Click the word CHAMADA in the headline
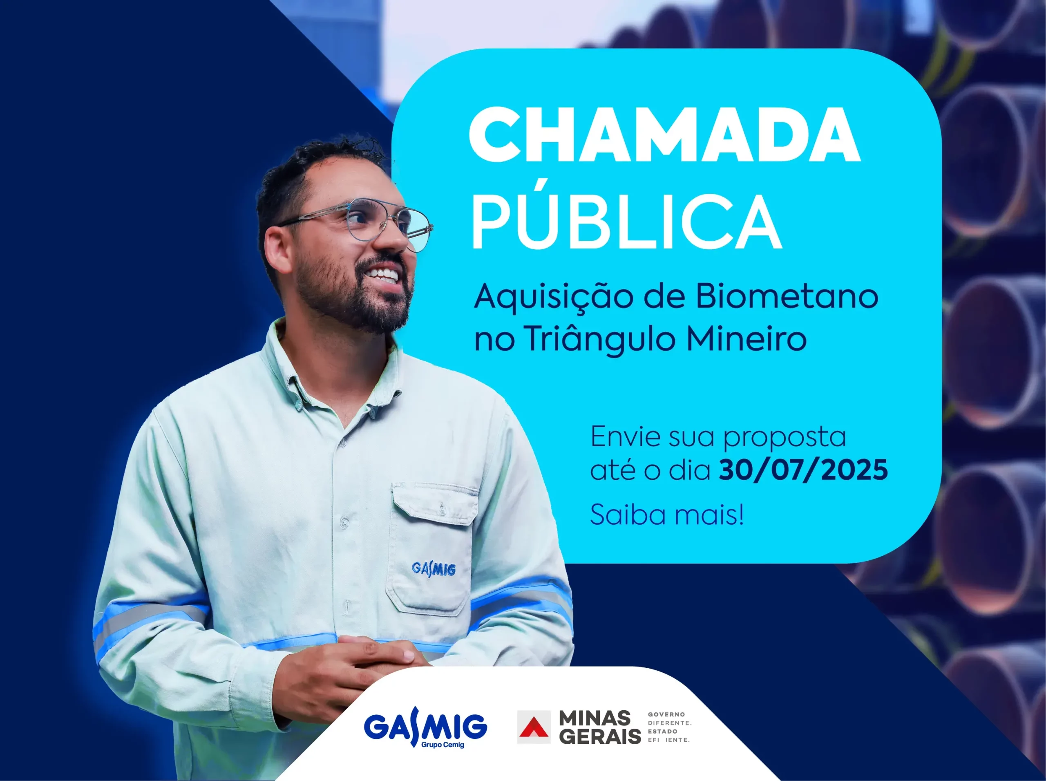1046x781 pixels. pyautogui.click(x=664, y=134)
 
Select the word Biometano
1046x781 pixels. pyautogui.click(x=787, y=297)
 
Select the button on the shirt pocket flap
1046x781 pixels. pyautogui.click(x=441, y=510)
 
